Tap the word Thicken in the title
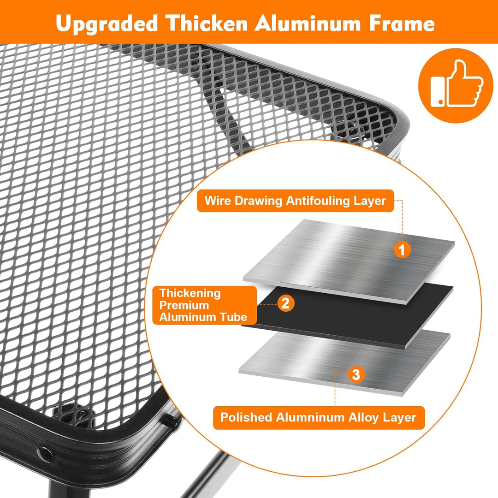[207, 23]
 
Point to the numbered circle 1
[402, 249]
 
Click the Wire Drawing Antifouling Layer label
[296, 201]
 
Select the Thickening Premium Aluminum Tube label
[205, 305]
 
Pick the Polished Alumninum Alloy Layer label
[319, 417]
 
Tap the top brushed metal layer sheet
[349, 261]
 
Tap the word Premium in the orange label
[184, 305]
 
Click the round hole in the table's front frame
[45, 454]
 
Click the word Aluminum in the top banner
[308, 23]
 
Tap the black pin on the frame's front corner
[171, 421]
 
